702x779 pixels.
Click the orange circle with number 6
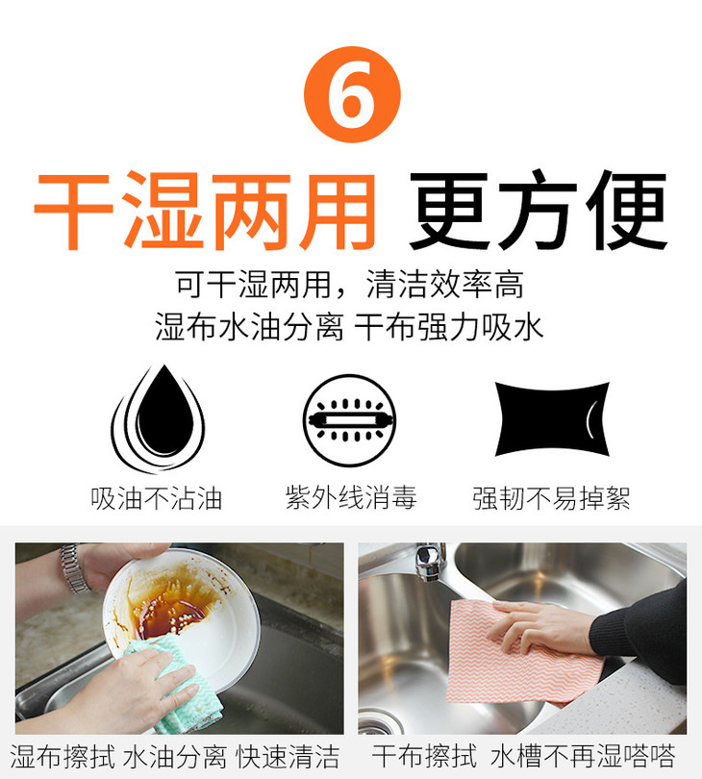pyautogui.click(x=352, y=94)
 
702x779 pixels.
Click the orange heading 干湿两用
pyautogui.click(x=205, y=212)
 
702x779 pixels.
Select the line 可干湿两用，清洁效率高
pyautogui.click(x=349, y=285)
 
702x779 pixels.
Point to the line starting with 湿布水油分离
pyautogui.click(x=349, y=327)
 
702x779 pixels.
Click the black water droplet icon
pyautogui.click(x=158, y=418)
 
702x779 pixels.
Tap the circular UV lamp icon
pyautogui.click(x=350, y=420)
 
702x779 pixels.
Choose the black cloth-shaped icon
pyautogui.click(x=552, y=418)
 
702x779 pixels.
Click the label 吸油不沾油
pyautogui.click(x=156, y=498)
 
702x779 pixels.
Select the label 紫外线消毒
pyautogui.click(x=351, y=497)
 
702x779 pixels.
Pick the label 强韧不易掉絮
pyautogui.click(x=551, y=498)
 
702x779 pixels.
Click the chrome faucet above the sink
pyautogui.click(x=430, y=562)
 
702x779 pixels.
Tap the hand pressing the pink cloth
pyautogui.click(x=541, y=627)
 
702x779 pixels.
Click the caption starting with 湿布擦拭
pyautogui.click(x=175, y=757)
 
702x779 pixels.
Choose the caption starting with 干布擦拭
pyautogui.click(x=524, y=756)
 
